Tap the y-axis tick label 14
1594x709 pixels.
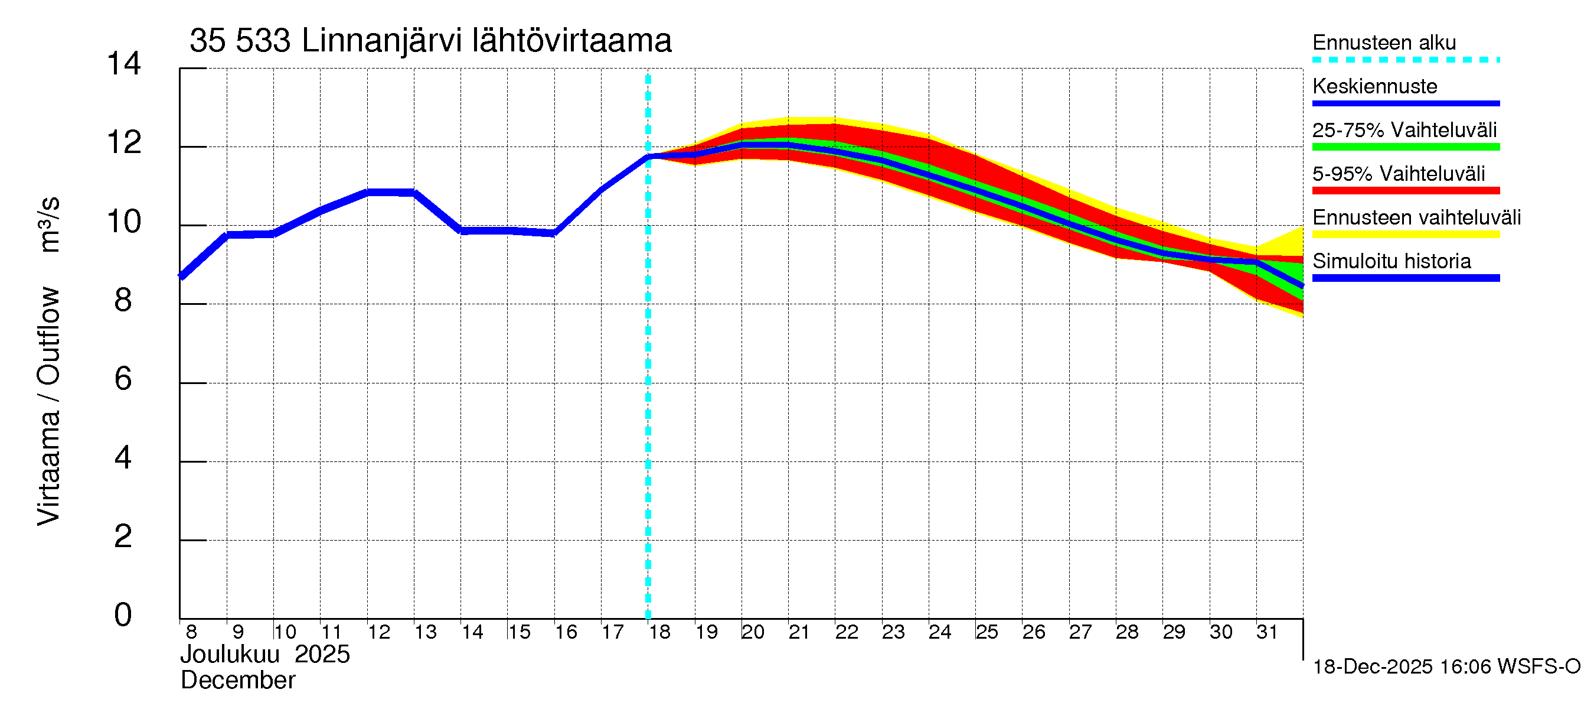click(124, 64)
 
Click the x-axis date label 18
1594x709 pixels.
click(659, 632)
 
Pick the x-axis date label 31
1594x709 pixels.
click(1267, 632)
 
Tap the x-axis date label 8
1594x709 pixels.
click(191, 632)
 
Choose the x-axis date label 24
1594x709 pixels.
click(940, 632)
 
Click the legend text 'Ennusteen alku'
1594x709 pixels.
click(1384, 43)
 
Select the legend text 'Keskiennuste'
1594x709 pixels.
click(1375, 86)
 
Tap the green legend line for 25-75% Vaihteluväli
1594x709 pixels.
click(1405, 147)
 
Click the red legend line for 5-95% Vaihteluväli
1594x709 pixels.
click(1405, 191)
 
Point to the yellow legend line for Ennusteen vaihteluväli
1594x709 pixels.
click(1405, 234)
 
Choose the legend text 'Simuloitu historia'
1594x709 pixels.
click(1392, 261)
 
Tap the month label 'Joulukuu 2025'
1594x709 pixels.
click(265, 655)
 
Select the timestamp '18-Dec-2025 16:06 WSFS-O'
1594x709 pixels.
click(1446, 666)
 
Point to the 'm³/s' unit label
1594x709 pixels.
click(48, 224)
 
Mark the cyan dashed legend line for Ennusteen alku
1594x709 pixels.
click(1405, 60)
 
